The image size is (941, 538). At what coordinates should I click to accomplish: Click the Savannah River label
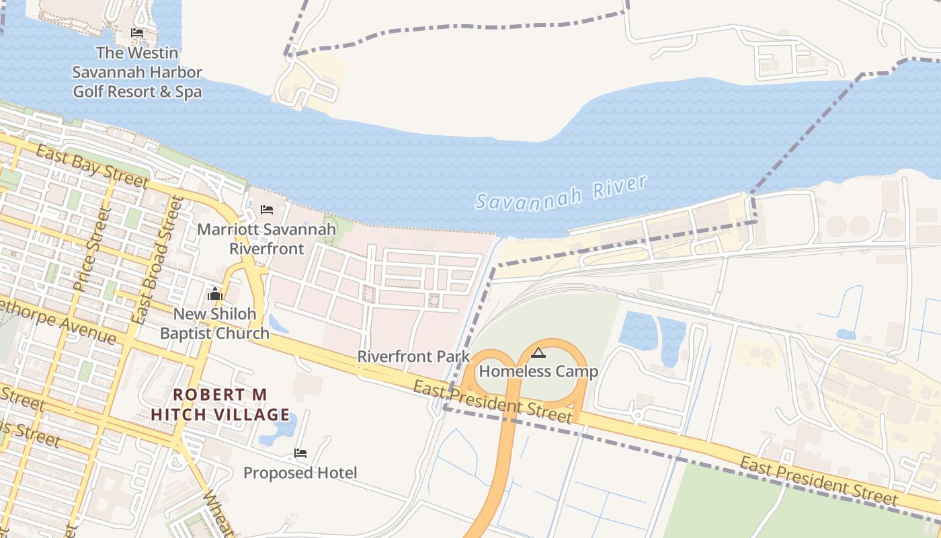(x=561, y=192)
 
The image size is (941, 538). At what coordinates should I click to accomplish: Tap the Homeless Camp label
(x=538, y=371)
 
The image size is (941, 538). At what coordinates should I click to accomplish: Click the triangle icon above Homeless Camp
(x=538, y=352)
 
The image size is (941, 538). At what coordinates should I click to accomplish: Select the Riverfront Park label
(x=413, y=356)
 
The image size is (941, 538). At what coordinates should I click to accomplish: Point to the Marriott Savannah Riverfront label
(x=266, y=239)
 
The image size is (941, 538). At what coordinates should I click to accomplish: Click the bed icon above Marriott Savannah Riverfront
(x=267, y=210)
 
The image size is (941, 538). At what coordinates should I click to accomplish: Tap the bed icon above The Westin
(x=137, y=33)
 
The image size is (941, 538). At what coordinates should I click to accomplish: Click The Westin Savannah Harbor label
(x=137, y=72)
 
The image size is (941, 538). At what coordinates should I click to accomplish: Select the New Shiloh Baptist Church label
(x=214, y=323)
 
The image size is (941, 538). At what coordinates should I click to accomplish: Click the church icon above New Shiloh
(x=215, y=295)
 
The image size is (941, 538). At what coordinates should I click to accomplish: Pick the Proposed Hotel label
(x=300, y=473)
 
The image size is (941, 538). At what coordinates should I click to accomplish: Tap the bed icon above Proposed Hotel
(x=300, y=453)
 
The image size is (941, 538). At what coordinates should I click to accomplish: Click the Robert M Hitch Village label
(x=220, y=404)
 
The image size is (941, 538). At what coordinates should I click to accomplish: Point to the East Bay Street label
(x=92, y=166)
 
